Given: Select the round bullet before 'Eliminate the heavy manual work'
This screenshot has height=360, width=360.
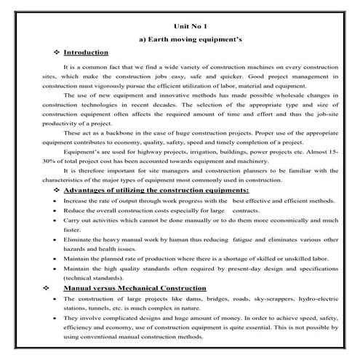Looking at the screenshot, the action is point(57,238).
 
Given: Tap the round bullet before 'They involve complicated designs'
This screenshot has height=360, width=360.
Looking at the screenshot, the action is point(57,319).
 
